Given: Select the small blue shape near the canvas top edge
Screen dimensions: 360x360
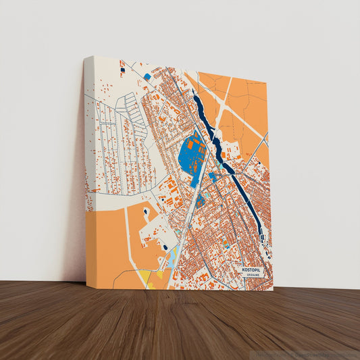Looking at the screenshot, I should [x=147, y=76].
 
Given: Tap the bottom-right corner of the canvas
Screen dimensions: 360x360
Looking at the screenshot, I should [x=273, y=290].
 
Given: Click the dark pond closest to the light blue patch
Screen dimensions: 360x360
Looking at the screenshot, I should [x=165, y=247].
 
